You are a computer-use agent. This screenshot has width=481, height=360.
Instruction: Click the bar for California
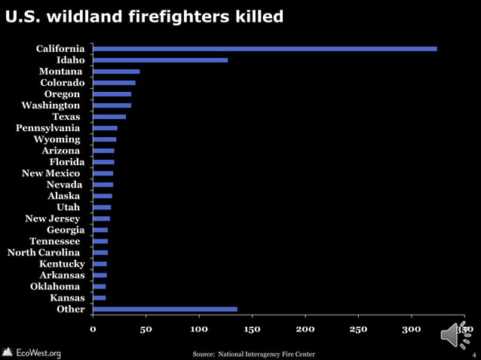pos(264,49)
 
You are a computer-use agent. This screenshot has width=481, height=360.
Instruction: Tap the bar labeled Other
pos(164,309)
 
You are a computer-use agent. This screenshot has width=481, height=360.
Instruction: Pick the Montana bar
pos(116,72)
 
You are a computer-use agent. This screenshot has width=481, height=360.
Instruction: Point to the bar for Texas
pos(109,117)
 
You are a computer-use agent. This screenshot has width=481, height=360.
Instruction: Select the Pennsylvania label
pos(48,128)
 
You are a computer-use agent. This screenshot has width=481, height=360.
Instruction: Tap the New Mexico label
pos(51,173)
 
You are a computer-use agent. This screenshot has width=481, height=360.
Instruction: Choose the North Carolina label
pos(44,252)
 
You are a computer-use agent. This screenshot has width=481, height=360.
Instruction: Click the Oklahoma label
pos(55,286)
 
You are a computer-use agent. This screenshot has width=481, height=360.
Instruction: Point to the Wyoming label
pos(57,139)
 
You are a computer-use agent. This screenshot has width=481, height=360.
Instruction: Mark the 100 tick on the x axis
pos(199,329)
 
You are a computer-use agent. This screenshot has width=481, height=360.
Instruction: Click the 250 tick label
pos(358,329)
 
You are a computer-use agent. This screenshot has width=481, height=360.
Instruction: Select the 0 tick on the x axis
pos(93,329)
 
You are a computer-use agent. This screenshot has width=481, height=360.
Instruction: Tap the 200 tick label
pos(305,329)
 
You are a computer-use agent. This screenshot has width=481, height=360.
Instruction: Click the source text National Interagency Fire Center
pos(253,354)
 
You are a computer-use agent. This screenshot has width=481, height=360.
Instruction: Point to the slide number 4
pos(473,354)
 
